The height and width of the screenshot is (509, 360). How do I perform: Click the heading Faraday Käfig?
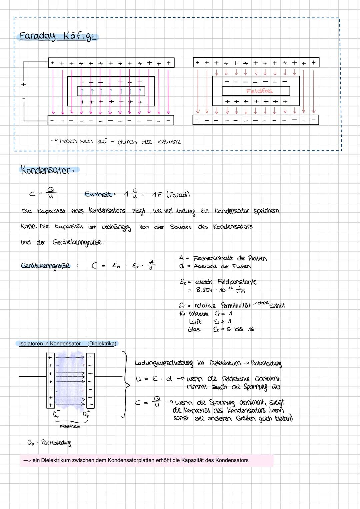pyautogui.click(x=57, y=36)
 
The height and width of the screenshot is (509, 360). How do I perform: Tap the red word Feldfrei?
pyautogui.click(x=259, y=91)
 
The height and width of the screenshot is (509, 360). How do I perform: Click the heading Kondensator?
pyautogui.click(x=49, y=170)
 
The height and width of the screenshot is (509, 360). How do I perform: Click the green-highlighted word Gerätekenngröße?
pyautogui.click(x=46, y=266)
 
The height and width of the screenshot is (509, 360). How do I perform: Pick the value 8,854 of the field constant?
pyautogui.click(x=204, y=290)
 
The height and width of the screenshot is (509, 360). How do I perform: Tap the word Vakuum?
pyautogui.click(x=198, y=314)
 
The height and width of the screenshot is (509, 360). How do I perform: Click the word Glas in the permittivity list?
pyautogui.click(x=194, y=329)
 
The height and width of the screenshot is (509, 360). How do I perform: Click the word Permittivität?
pyautogui.click(x=236, y=306)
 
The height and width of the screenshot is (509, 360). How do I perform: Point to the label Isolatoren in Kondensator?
pyautogui.click(x=50, y=344)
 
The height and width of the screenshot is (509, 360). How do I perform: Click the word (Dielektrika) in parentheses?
pyautogui.click(x=102, y=344)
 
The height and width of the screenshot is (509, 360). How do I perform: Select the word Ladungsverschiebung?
pyautogui.click(x=164, y=363)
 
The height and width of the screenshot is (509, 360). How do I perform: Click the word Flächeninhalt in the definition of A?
pyautogui.click(x=213, y=258)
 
